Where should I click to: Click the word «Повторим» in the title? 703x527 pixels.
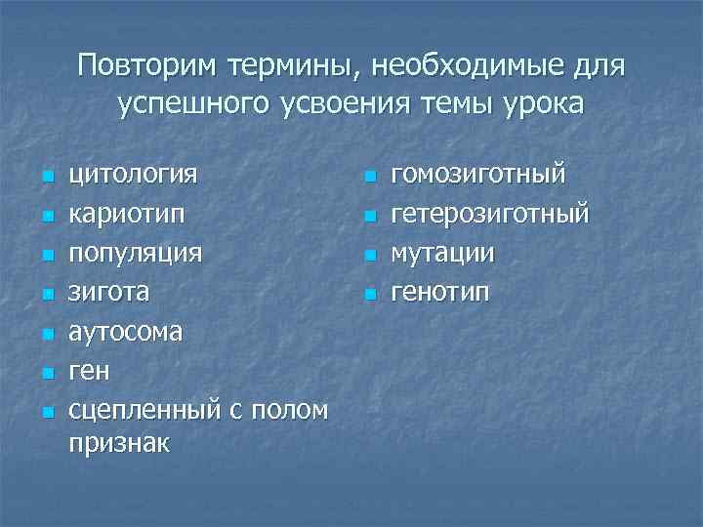pos(146,67)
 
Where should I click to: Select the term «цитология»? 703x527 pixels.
pos(133,176)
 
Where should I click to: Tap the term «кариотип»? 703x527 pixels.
pos(123,215)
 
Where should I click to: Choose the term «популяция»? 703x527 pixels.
pos(136,254)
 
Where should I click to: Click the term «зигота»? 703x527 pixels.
pos(109,293)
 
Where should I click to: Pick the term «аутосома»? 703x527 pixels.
pos(125,332)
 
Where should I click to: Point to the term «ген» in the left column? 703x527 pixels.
pos(90,371)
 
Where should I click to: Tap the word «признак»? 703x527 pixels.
pos(119,444)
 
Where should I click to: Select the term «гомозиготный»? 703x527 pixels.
pos(478,176)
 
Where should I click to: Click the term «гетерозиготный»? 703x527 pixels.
pos(490,215)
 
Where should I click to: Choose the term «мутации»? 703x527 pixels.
pos(442,254)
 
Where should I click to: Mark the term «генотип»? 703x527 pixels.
pos(440,293)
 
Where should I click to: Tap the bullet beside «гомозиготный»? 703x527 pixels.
pos(368,178)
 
